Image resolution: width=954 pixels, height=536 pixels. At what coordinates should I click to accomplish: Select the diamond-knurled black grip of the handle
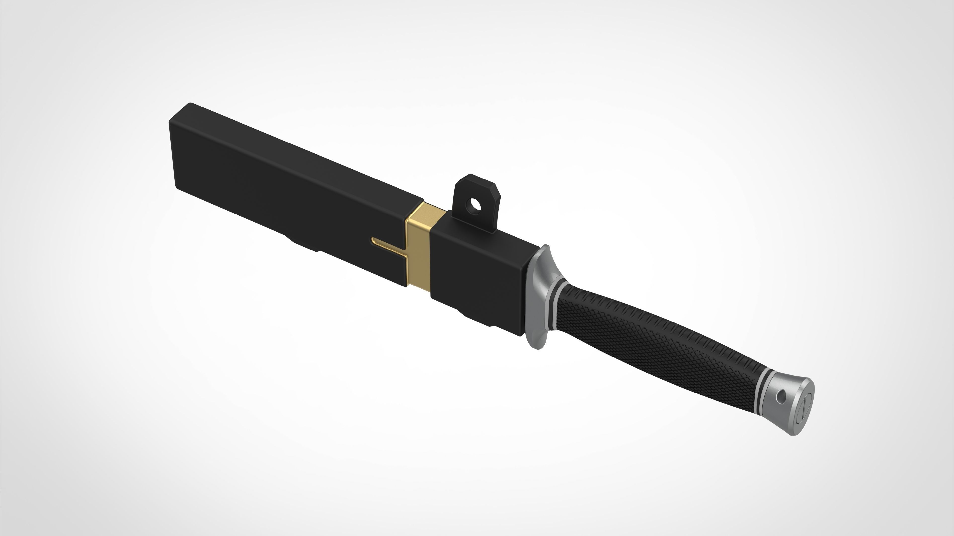coord(652,341)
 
